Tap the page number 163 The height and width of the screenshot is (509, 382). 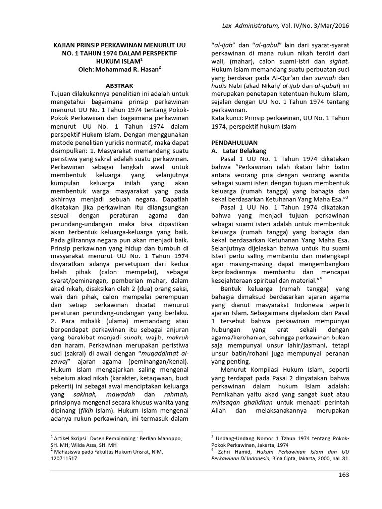(343, 475)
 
